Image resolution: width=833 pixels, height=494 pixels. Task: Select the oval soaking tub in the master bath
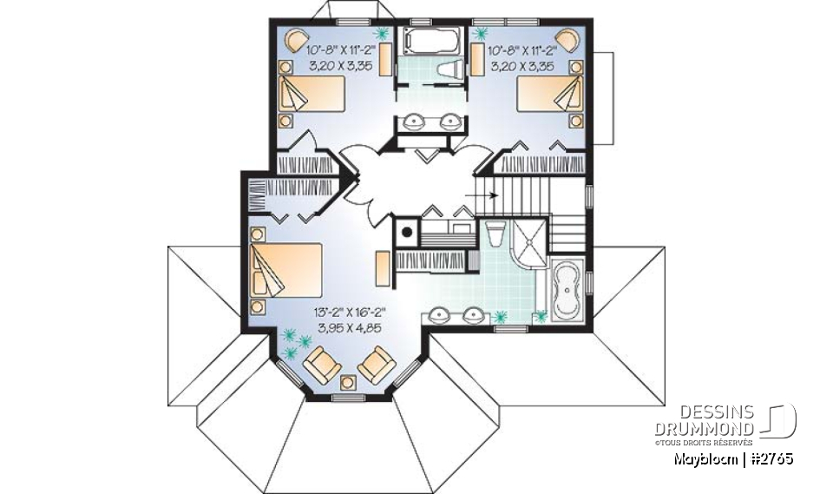[569, 290]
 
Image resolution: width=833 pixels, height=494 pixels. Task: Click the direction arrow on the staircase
[485, 194]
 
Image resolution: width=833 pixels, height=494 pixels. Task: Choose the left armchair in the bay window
[320, 365]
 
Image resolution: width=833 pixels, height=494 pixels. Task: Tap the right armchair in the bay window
[376, 364]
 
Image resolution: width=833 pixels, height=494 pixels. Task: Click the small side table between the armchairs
[349, 381]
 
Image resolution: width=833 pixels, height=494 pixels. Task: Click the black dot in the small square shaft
[405, 232]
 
